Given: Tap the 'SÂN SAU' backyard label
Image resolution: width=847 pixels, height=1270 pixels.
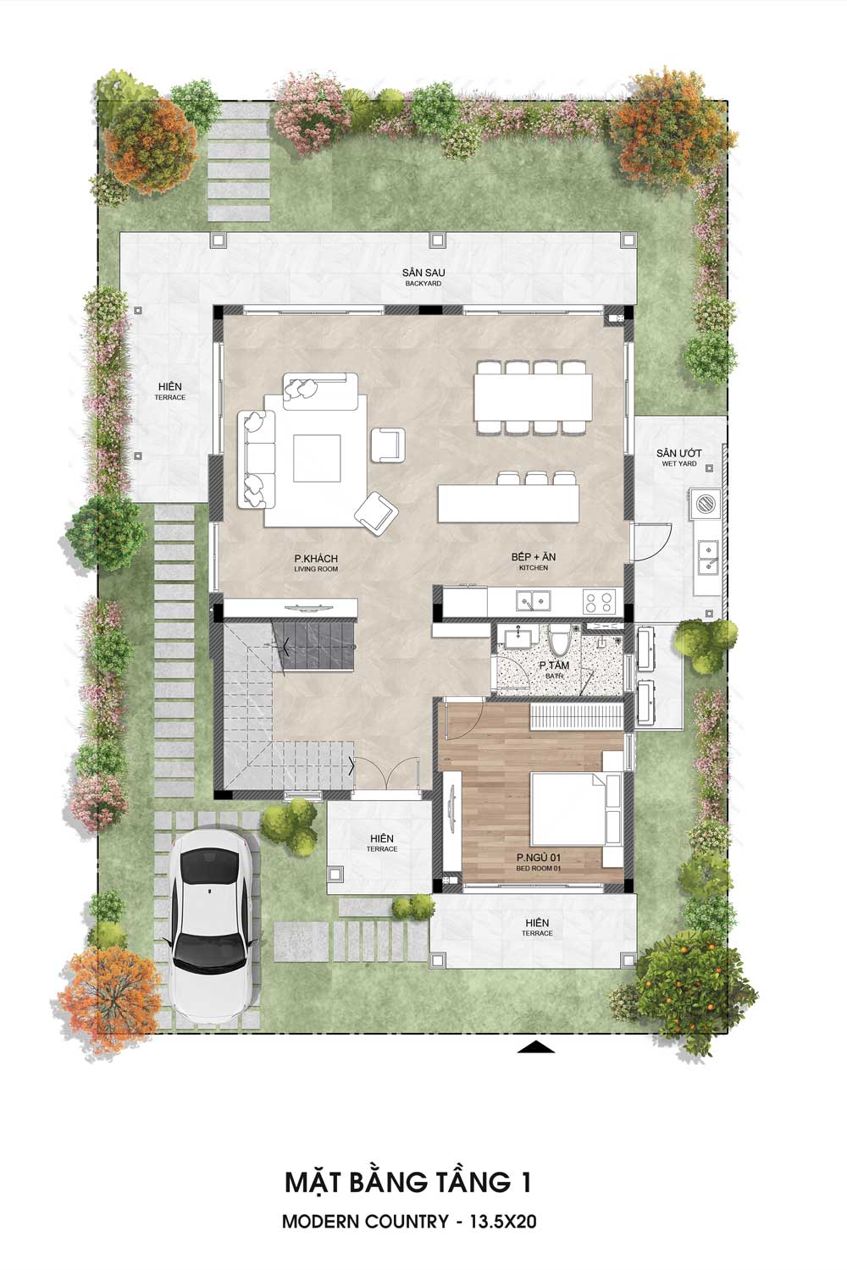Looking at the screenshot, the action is click(x=423, y=273).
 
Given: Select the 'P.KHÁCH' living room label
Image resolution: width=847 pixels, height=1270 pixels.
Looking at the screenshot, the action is click(x=316, y=559).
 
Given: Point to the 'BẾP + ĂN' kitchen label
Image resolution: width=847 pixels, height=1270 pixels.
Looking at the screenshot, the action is click(x=534, y=557).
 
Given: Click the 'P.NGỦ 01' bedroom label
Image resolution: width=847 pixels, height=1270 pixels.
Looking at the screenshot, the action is click(x=539, y=858).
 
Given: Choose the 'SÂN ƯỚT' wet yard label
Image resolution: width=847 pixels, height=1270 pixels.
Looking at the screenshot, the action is click(x=679, y=453).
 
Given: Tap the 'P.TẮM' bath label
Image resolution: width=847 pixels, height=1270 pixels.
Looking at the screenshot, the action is click(x=554, y=665).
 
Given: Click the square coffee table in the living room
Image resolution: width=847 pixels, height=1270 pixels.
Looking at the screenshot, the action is click(x=317, y=458).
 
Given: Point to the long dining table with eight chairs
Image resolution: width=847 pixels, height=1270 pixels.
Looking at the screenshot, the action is click(x=533, y=397).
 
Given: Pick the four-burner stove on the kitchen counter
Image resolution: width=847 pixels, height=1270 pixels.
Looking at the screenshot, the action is click(x=599, y=602).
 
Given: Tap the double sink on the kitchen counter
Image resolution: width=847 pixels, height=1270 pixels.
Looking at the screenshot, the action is click(x=534, y=601).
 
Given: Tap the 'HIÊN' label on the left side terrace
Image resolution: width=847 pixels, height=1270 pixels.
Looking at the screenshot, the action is click(x=170, y=387).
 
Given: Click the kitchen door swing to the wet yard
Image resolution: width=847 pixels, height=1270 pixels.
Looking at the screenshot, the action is click(x=652, y=542).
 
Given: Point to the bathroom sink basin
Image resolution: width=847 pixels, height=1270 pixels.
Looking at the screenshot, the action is click(x=518, y=638).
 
